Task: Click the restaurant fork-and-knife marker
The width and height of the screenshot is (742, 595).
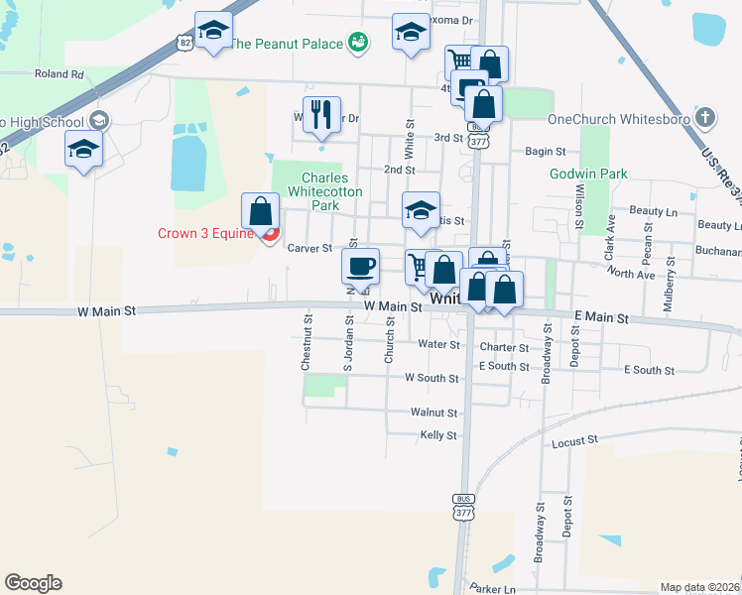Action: click(321, 114)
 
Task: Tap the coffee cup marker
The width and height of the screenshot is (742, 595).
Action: click(360, 266)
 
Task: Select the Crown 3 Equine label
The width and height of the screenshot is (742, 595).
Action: click(205, 234)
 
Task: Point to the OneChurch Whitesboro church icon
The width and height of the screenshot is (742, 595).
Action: click(704, 118)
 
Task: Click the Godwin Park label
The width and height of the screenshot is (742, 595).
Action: click(589, 174)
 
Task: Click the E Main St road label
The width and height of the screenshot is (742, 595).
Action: click(602, 318)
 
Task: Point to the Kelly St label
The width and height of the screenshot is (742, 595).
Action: click(437, 435)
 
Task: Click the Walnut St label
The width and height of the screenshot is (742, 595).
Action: click(433, 412)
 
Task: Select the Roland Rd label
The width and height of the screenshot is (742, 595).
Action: click(59, 73)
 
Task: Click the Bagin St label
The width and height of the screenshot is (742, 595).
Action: click(545, 152)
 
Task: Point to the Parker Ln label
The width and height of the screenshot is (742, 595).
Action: click(493, 588)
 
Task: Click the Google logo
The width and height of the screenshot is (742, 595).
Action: click(33, 583)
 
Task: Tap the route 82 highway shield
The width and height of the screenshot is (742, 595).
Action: click(182, 41)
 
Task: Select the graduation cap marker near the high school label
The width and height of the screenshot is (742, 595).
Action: click(83, 149)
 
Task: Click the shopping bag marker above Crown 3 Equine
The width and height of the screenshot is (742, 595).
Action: click(260, 211)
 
